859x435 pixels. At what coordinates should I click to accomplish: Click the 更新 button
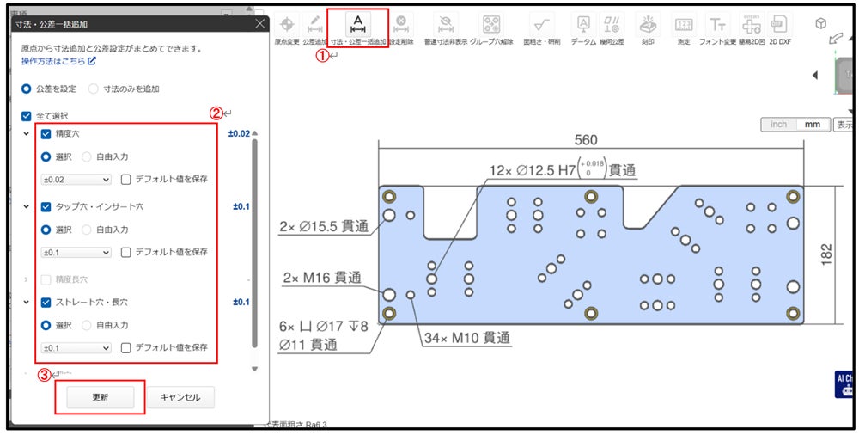100,397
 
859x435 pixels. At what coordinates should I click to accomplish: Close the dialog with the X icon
259,24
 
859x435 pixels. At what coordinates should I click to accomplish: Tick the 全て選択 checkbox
27,115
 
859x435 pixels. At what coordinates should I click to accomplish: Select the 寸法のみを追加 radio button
94,89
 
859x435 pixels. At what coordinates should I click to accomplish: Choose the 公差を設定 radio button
27,89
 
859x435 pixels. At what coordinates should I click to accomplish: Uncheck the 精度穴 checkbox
46,134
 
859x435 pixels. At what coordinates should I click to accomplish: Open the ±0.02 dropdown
76,180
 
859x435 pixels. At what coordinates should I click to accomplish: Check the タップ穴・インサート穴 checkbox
46,207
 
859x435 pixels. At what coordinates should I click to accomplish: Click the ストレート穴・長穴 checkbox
46,303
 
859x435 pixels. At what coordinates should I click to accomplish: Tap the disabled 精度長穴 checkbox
46,279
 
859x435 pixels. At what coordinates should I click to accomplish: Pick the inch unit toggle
778,125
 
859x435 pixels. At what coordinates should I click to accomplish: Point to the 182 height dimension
826,254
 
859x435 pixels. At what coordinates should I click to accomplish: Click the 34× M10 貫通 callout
467,338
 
